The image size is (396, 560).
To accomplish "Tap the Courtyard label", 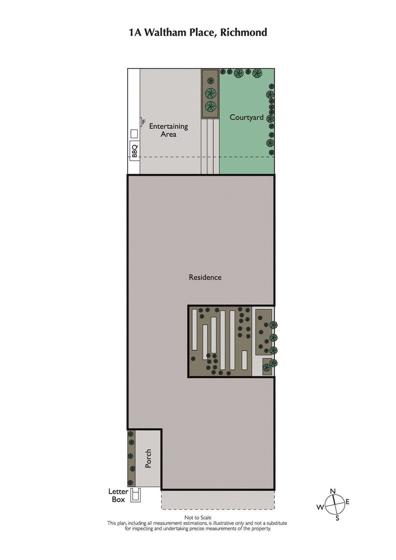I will point(246,118).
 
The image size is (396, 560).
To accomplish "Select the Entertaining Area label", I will point(168,130).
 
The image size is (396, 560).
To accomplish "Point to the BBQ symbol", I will point(134,149).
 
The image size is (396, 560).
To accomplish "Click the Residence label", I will point(205,277).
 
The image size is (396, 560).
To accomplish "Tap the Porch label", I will point(148,459).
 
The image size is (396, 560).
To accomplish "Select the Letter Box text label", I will point(118,496).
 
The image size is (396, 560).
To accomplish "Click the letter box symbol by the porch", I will point(135,495).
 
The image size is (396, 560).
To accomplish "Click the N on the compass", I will point(333,491).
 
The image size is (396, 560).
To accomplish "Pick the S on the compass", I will point(337,518).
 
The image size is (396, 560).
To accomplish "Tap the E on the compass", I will point(347,502).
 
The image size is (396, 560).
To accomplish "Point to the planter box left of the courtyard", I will point(210,93).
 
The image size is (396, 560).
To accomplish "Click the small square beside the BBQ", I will point(134,134).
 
